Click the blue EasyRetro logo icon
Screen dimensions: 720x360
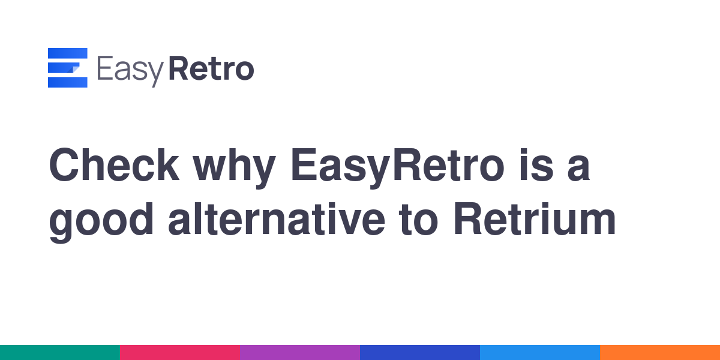coord(67,67)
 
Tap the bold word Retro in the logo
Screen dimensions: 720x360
coord(211,68)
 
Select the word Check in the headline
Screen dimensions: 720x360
coord(114,165)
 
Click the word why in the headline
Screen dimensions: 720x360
coord(234,169)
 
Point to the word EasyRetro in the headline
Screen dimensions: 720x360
coord(397,169)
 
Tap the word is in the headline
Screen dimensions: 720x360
coord(536,165)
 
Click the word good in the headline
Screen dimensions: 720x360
coord(101,223)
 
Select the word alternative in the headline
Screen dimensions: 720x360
coord(277,220)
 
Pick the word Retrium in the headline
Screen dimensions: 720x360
coord(535,220)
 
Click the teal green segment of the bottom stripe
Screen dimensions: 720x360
coord(60,353)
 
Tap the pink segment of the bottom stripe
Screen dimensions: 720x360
coord(180,353)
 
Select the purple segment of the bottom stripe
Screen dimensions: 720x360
coord(300,353)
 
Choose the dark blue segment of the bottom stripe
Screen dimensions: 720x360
coord(420,353)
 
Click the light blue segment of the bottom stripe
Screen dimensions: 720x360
coord(540,353)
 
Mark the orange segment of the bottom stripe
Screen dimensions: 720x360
coord(660,353)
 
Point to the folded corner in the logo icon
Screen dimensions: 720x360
coord(73,69)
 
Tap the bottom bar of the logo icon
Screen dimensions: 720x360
coord(67,82)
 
